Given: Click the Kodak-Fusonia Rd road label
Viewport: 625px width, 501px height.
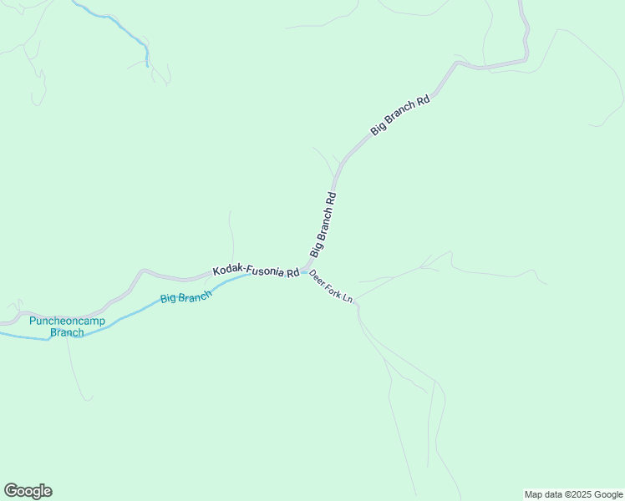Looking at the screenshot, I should click(x=256, y=271).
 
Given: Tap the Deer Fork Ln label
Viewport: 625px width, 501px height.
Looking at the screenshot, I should click(x=332, y=286).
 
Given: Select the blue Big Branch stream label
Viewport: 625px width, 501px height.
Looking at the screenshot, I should click(x=185, y=297).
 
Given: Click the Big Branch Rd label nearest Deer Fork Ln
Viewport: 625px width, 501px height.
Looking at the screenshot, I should click(x=323, y=225).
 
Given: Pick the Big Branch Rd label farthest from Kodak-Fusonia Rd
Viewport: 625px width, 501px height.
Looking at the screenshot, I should click(x=400, y=115).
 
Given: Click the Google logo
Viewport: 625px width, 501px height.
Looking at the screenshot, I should click(x=28, y=491).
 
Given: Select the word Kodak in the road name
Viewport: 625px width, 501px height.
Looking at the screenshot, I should click(x=226, y=270).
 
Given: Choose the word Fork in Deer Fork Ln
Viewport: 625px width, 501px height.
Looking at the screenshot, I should click(x=333, y=287).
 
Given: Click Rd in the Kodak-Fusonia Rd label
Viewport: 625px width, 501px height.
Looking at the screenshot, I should click(x=292, y=273).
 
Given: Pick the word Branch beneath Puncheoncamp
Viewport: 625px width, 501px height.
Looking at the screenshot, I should click(x=67, y=332).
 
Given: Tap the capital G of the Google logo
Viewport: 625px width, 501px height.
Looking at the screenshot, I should click(x=11, y=491).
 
